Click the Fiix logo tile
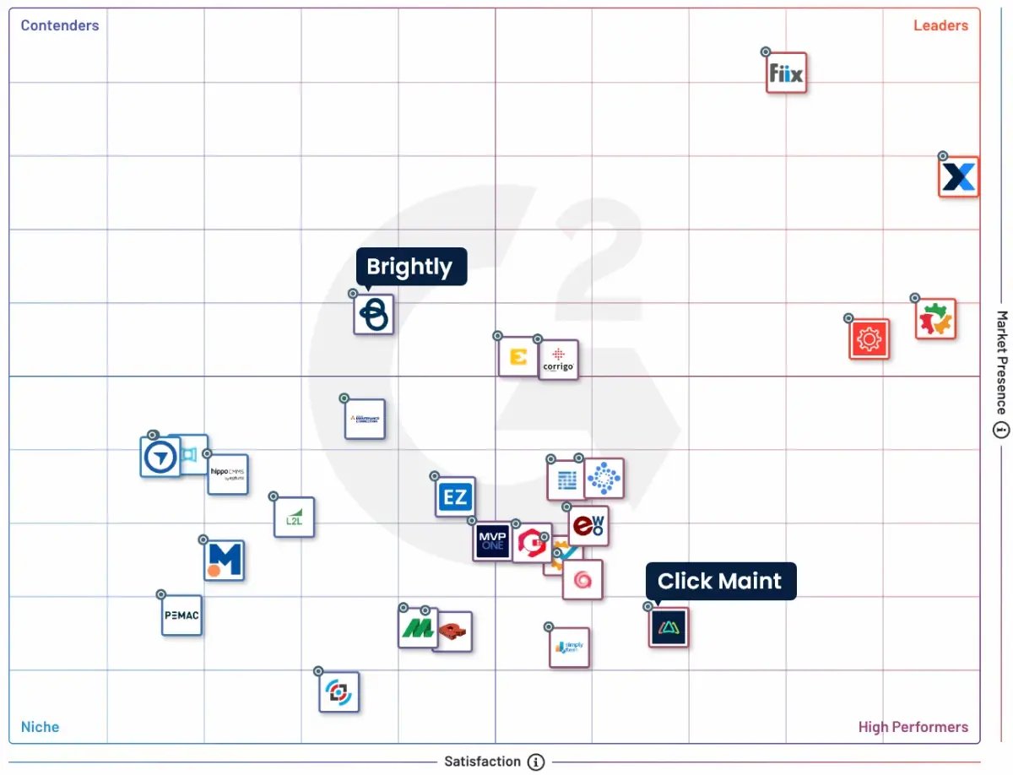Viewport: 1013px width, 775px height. point(787,73)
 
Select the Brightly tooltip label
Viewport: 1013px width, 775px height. point(410,267)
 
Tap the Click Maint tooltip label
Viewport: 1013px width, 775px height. point(720,581)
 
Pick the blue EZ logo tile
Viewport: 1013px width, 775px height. point(456,497)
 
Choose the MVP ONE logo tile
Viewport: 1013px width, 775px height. point(492,541)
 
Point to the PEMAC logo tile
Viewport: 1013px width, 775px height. point(181,615)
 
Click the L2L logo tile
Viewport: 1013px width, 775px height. point(294,518)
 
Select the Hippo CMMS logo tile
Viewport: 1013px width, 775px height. point(228,474)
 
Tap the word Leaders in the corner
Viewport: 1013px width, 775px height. point(940,25)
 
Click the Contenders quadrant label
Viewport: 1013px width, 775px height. point(60,25)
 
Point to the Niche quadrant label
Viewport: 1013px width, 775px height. point(41,727)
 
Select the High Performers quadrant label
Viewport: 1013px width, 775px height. point(913,727)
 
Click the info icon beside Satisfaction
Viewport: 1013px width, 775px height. point(536,762)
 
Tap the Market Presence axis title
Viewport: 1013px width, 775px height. point(1002,363)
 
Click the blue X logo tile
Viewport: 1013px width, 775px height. point(959,177)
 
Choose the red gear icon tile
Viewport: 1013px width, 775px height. point(869,339)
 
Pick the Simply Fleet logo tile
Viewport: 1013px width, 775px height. point(569,648)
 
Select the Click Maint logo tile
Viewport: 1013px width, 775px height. point(669,627)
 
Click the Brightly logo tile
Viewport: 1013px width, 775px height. point(373,314)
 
